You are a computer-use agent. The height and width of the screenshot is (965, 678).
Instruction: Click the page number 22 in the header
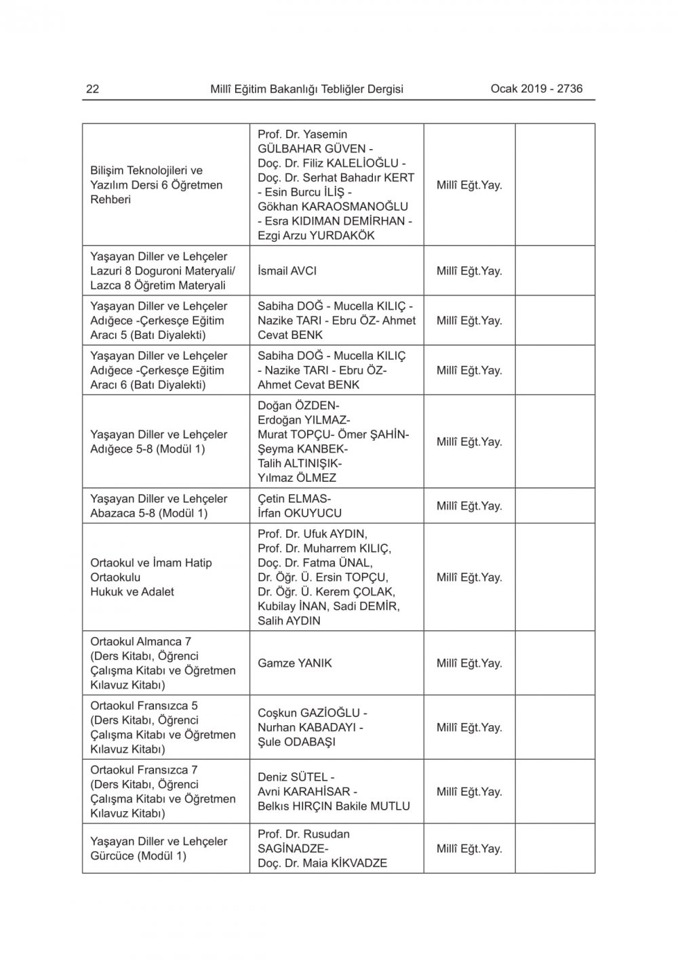[x=93, y=89]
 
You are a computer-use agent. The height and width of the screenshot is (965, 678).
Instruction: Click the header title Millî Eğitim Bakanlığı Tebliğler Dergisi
[x=306, y=89]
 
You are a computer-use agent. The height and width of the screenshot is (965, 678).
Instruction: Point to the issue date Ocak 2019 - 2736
[x=536, y=88]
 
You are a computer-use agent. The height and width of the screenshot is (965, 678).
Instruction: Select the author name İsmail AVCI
[x=287, y=271]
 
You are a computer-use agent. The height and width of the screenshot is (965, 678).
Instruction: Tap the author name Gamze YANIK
[x=295, y=663]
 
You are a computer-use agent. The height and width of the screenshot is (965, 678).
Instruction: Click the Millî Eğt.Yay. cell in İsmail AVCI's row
[x=469, y=271]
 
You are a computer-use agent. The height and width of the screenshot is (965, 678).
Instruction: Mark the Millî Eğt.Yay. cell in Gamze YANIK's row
[x=469, y=663]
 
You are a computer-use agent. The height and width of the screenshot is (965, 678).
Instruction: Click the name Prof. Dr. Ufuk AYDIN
[x=312, y=534]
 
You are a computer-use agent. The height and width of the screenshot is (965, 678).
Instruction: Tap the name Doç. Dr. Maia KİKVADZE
[x=322, y=863]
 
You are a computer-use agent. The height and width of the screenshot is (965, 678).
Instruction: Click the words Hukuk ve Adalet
[x=132, y=592]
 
